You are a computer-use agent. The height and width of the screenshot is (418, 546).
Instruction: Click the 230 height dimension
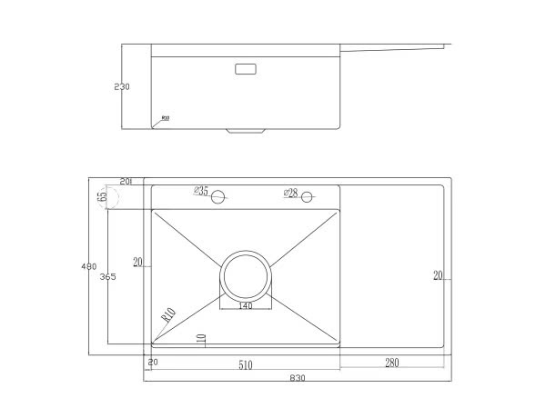[122, 87]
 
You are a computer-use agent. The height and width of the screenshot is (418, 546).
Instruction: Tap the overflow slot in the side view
[246, 68]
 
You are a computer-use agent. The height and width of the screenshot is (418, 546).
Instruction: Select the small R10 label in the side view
[166, 117]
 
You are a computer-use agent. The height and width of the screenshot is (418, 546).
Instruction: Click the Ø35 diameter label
[200, 192]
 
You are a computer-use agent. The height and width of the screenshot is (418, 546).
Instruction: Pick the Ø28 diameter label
[290, 193]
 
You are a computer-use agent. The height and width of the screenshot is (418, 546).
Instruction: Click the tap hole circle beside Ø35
[218, 196]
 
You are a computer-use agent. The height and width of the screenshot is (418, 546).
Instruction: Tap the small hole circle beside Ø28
[308, 197]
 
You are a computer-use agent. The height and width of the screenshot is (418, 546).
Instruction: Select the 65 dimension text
[103, 195]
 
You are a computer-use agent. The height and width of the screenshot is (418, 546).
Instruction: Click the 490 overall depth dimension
[88, 266]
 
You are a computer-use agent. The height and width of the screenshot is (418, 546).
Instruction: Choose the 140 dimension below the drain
[245, 306]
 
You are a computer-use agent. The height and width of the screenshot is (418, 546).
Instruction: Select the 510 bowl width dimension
[245, 365]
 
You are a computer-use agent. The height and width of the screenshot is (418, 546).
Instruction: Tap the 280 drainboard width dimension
[392, 364]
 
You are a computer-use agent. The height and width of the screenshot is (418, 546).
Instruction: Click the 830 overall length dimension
[297, 378]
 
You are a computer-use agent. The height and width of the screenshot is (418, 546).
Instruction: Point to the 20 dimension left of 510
[153, 363]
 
